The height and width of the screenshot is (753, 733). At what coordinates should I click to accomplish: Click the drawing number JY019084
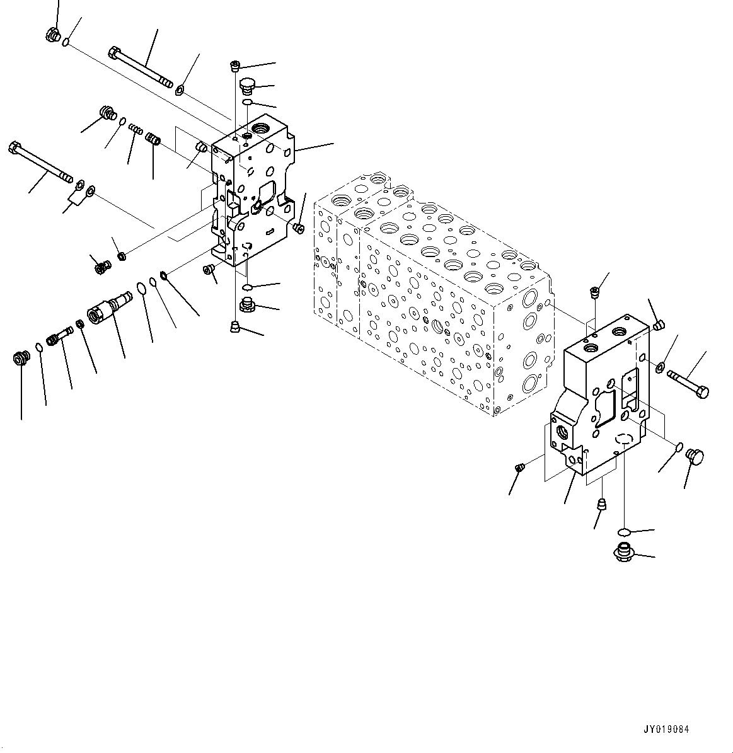[x=666, y=729]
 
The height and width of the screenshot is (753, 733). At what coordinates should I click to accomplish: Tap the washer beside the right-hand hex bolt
[x=660, y=367]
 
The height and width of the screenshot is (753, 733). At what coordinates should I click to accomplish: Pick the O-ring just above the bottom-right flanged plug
[x=624, y=530]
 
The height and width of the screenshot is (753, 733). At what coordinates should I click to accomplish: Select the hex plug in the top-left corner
[x=53, y=37]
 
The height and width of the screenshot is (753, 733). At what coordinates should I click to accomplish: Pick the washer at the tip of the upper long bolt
[x=180, y=89]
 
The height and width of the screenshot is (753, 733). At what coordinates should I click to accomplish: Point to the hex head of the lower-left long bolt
[x=14, y=149]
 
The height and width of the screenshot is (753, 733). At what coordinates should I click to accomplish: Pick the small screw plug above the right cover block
[x=594, y=292]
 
